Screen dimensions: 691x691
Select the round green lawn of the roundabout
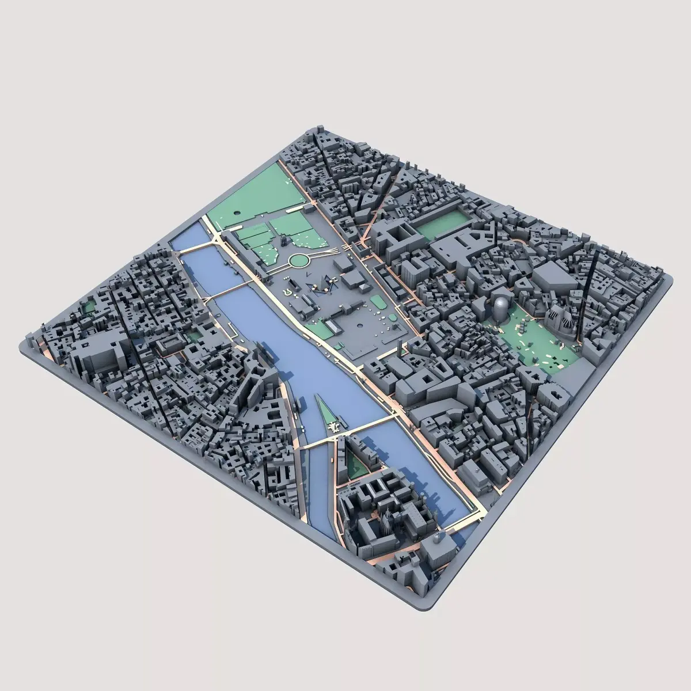click(298, 261)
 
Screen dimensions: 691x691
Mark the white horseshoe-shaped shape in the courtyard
click(288, 292)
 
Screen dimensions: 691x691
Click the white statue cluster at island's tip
click(333, 426)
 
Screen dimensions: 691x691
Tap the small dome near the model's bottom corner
click(441, 538)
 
